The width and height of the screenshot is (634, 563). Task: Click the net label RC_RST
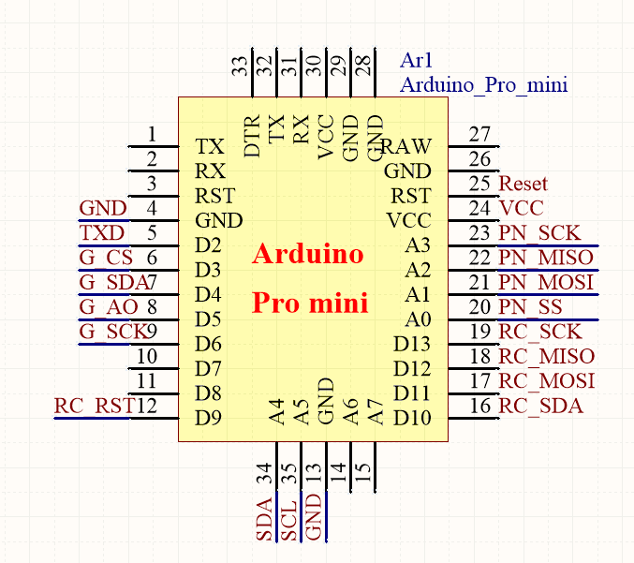click(94, 406)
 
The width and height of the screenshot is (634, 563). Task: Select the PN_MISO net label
click(545, 258)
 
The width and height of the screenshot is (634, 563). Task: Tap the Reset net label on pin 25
click(523, 184)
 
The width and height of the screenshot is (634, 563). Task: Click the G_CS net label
click(106, 258)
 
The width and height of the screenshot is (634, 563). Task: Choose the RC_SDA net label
click(540, 406)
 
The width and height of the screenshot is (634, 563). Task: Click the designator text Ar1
click(416, 61)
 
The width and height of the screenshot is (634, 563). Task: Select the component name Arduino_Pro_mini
click(483, 85)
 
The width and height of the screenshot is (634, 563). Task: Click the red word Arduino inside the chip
click(308, 254)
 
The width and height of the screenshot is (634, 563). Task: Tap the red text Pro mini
click(310, 304)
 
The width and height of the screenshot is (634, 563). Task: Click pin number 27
click(480, 134)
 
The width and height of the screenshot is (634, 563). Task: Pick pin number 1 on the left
click(151, 134)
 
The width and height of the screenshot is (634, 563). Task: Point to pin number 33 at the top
click(241, 66)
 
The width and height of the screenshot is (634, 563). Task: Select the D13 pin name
click(412, 344)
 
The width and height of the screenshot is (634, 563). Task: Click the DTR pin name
click(252, 137)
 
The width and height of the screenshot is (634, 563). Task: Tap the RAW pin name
click(406, 146)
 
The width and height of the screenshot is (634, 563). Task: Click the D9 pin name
click(208, 417)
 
